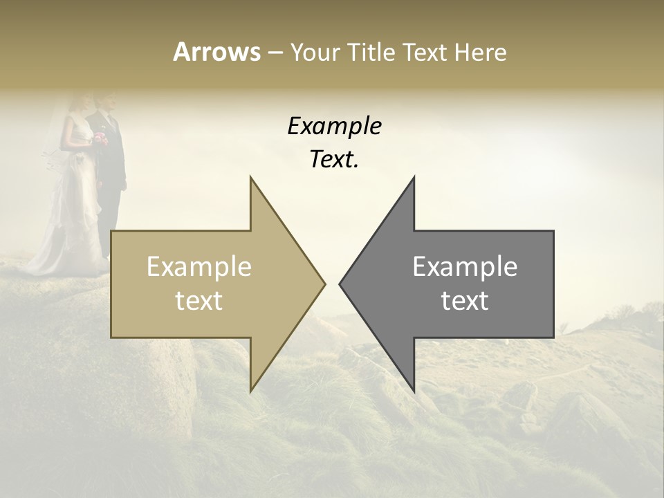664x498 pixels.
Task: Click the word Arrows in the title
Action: coord(216,52)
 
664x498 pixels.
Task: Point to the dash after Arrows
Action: coord(275,53)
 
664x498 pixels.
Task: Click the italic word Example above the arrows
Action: coord(334,127)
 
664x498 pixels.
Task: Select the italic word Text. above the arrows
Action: coord(334,160)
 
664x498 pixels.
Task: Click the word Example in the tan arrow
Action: coord(199,267)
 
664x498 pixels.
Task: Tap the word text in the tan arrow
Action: coord(199,301)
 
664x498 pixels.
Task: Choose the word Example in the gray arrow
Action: coord(465,267)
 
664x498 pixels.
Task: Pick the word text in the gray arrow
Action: coord(465,301)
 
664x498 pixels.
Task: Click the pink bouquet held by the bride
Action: coord(101,137)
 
